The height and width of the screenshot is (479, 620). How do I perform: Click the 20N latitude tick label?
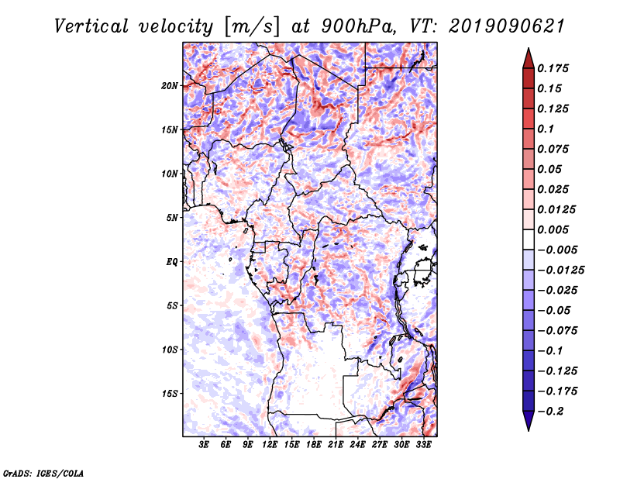[170, 85]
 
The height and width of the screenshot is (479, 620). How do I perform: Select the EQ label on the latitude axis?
[172, 262]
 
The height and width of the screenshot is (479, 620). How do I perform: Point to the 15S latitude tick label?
[170, 394]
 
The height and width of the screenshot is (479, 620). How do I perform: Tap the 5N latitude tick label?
[172, 218]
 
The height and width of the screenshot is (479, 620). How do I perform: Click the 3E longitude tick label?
[204, 444]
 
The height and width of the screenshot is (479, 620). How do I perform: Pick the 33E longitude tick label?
[423, 444]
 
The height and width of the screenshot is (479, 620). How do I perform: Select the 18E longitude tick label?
[313, 444]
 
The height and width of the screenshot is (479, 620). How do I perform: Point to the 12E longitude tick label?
[270, 444]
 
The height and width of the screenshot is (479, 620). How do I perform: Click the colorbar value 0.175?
[555, 68]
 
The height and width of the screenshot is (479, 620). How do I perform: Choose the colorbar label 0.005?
[555, 229]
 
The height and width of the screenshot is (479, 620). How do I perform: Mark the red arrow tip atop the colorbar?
[528, 52]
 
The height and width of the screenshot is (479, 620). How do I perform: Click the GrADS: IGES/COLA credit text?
[43, 472]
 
